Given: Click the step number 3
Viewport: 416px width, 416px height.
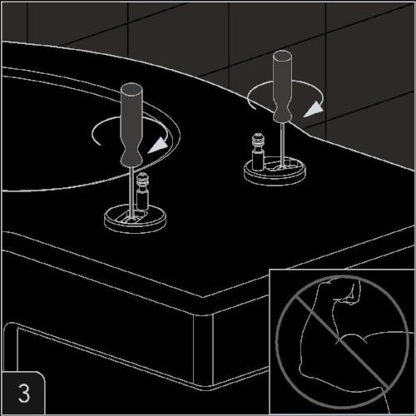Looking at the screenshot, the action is tap(24, 393).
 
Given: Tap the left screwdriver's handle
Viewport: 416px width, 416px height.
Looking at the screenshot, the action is tap(131, 125).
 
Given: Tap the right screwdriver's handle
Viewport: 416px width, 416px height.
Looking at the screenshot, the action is tap(282, 87).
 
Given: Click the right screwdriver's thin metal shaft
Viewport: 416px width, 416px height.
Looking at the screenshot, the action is tap(282, 145).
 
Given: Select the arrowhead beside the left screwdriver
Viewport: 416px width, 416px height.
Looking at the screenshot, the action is tap(159, 146).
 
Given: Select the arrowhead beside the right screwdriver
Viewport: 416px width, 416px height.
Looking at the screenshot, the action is tap(314, 109).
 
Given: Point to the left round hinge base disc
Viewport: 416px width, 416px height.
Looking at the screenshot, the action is tap(135, 219).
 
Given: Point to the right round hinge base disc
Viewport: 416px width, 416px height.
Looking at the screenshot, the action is tap(275, 171).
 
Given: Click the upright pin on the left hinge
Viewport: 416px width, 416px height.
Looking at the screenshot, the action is tap(142, 191).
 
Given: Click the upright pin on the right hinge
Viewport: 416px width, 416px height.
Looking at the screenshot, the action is tap(258, 151).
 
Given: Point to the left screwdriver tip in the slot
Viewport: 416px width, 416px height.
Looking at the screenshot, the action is tap(132, 219).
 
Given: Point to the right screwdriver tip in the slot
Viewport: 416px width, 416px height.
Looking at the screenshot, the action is tap(282, 167).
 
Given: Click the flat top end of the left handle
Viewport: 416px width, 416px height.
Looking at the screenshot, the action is tap(131, 89).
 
